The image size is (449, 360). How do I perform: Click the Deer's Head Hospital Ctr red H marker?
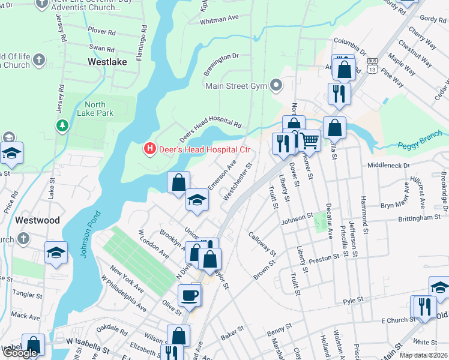(149, 148)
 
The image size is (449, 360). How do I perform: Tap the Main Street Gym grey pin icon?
(276, 85)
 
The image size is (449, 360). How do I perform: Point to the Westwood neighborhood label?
(37, 220)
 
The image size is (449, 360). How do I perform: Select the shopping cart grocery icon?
(310, 141)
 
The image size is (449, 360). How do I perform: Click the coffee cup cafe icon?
(190, 295)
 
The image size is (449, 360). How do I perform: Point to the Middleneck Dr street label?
(388, 165)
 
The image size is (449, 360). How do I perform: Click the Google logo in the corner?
(20, 353)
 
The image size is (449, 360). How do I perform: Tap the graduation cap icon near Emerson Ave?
(196, 200)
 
